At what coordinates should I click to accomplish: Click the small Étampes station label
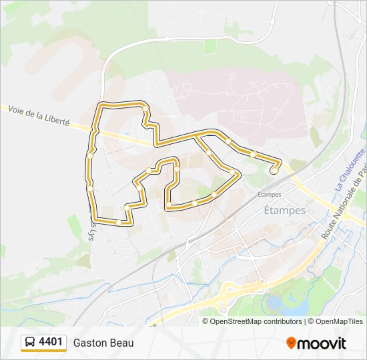pyautogui.click(x=269, y=195)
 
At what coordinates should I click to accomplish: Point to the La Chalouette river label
pyautogui.click(x=350, y=171)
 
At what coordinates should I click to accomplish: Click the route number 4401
pyautogui.click(x=51, y=342)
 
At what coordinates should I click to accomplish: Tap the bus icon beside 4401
pyautogui.click(x=30, y=343)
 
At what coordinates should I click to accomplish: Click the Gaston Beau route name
pyautogui.click(x=103, y=343)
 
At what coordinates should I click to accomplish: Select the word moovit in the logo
pyautogui.click(x=322, y=343)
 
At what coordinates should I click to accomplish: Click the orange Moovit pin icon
pyautogui.click(x=291, y=343)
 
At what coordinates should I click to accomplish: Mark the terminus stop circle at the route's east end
pyautogui.click(x=274, y=171)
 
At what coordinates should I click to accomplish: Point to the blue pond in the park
pyautogui.click(x=275, y=303)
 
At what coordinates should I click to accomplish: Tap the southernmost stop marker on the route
pyautogui.click(x=118, y=223)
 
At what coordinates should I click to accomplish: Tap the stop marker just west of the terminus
pyautogui.click(x=254, y=155)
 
